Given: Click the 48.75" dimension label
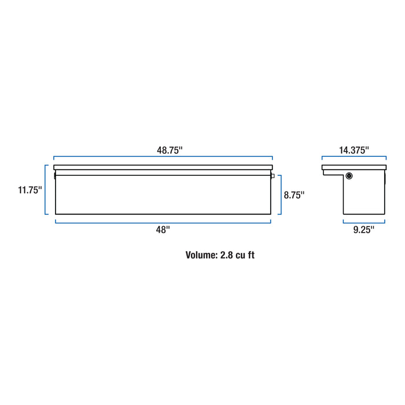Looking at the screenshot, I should (170, 150).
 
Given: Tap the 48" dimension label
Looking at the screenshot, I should (163, 230).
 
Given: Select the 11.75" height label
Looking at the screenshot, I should (30, 190).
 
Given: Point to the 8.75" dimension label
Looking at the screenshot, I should (294, 195).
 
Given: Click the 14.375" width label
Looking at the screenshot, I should (354, 150).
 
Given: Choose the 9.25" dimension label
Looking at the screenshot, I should (363, 230).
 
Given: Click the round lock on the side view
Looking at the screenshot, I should (349, 176).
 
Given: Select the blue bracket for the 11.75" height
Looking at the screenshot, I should (46, 190).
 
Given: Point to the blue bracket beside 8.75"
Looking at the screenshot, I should (281, 195).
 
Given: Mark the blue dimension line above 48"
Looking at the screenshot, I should (163, 222).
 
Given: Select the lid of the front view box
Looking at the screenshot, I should (163, 167).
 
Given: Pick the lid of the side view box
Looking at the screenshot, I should (354, 167).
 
